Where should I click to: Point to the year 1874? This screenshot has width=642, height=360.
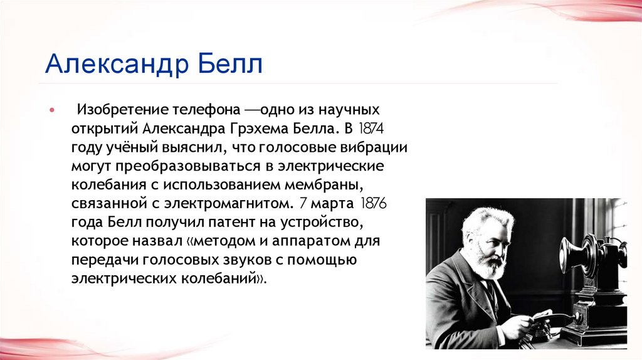pos(371,129)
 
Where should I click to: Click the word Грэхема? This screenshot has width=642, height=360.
pos(265,129)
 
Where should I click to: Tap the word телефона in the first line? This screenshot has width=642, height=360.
pos(202,110)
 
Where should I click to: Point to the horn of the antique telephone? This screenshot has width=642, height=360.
pos(572,254)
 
